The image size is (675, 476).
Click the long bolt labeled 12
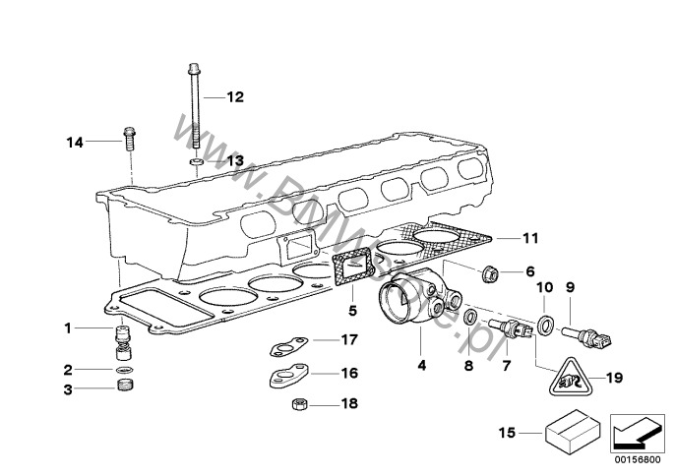pyautogui.click(x=195, y=106)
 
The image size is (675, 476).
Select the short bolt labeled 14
pyautogui.click(x=129, y=138)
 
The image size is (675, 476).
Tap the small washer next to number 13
pyautogui.click(x=197, y=162)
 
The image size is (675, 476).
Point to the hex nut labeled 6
pyautogui.click(x=490, y=272)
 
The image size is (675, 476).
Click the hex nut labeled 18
pyautogui.click(x=299, y=404)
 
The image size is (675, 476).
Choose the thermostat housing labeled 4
pyautogui.click(x=419, y=298)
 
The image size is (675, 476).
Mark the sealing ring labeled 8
pyautogui.click(x=470, y=318)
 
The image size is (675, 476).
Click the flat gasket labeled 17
pyautogui.click(x=289, y=345)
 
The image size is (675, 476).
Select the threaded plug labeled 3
pyautogui.click(x=125, y=385)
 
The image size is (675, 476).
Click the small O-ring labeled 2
pyautogui.click(x=125, y=369)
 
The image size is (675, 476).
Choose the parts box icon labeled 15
pyautogui.click(x=573, y=433)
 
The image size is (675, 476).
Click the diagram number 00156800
pyautogui.click(x=638, y=460)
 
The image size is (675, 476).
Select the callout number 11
pyautogui.click(x=530, y=238)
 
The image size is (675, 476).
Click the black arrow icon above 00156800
pyautogui.click(x=638, y=434)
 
